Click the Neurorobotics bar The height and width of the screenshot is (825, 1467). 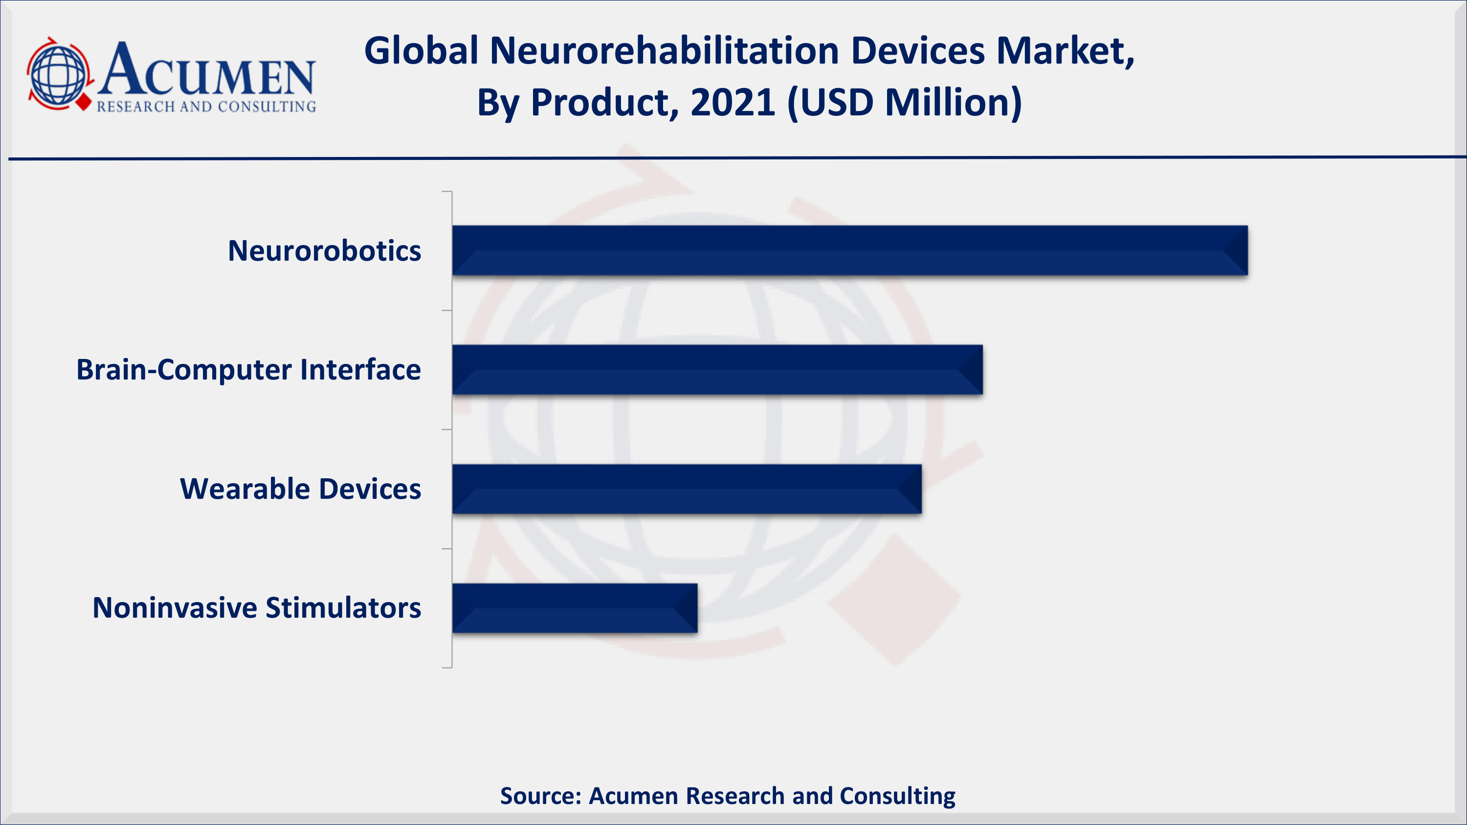point(850,250)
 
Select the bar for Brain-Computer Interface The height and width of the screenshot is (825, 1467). point(717,370)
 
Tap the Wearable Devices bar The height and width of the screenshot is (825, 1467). point(687,489)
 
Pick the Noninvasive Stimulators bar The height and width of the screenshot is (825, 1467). point(575,608)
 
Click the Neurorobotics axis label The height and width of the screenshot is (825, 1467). point(325,250)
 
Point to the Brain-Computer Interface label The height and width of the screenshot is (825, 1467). point(249,370)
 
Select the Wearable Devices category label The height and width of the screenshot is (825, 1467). point(301,489)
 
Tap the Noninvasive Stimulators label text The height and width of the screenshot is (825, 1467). point(257,608)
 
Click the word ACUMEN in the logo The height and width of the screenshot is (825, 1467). point(206,69)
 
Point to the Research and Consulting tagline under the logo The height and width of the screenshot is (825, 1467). point(206,107)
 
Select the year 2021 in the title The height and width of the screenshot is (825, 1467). point(733,103)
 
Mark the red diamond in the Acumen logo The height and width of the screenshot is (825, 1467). point(84,102)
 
